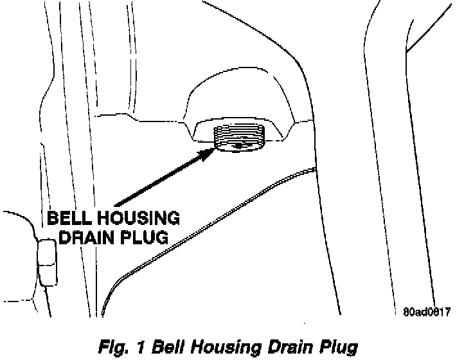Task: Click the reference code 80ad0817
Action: pos(426,312)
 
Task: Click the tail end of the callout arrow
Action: pos(116,204)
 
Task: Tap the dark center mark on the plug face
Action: pos(239,146)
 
